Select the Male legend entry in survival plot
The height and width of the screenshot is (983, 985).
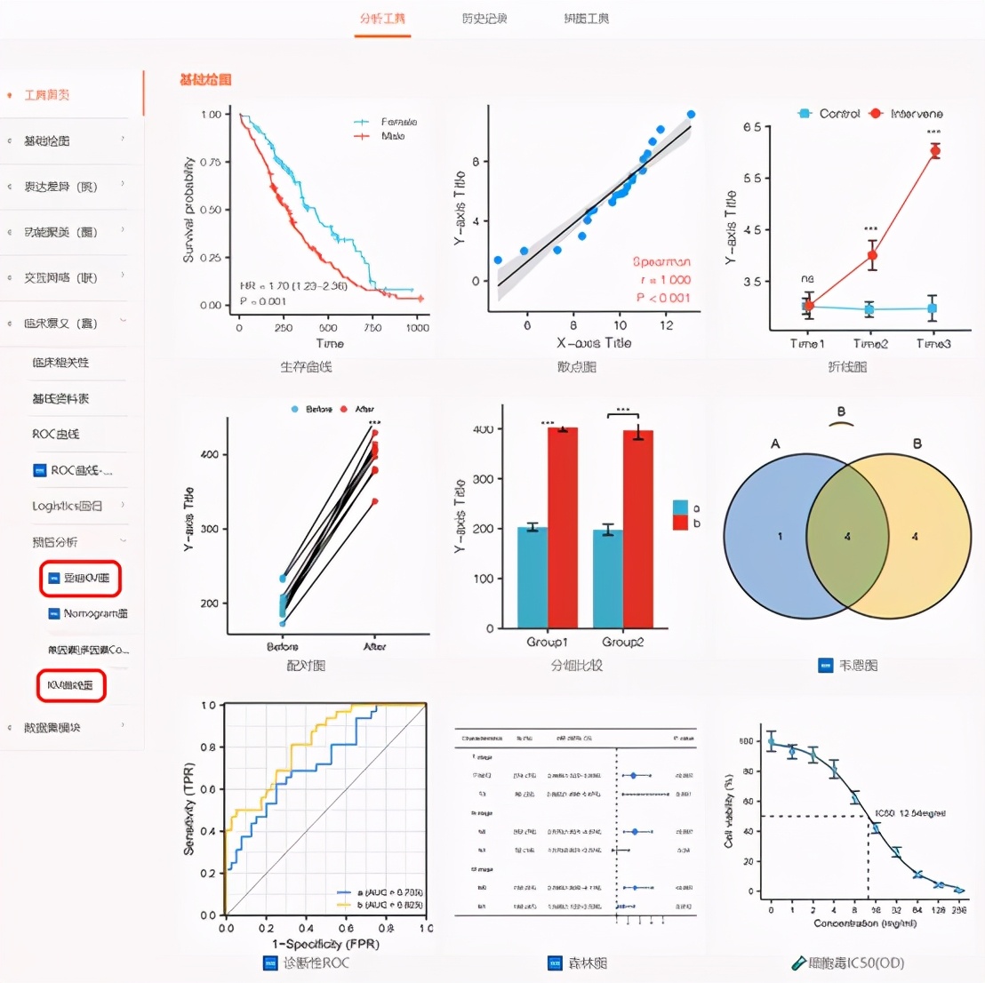(392, 136)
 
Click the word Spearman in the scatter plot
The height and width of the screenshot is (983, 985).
(661, 262)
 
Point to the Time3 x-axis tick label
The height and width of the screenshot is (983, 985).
(933, 344)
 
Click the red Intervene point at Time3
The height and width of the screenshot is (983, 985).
(934, 151)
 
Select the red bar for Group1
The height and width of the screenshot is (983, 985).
(563, 527)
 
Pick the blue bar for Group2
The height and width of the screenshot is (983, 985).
(608, 579)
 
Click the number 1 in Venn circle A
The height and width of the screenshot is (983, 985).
(780, 537)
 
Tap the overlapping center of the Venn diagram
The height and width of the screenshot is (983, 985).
(847, 537)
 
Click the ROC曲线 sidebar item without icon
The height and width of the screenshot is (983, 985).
(55, 434)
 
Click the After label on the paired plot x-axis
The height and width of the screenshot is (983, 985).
(375, 646)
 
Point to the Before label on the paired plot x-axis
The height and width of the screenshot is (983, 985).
(283, 646)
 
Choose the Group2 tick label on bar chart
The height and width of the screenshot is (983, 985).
(622, 642)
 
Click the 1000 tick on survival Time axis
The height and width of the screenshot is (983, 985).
(417, 327)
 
